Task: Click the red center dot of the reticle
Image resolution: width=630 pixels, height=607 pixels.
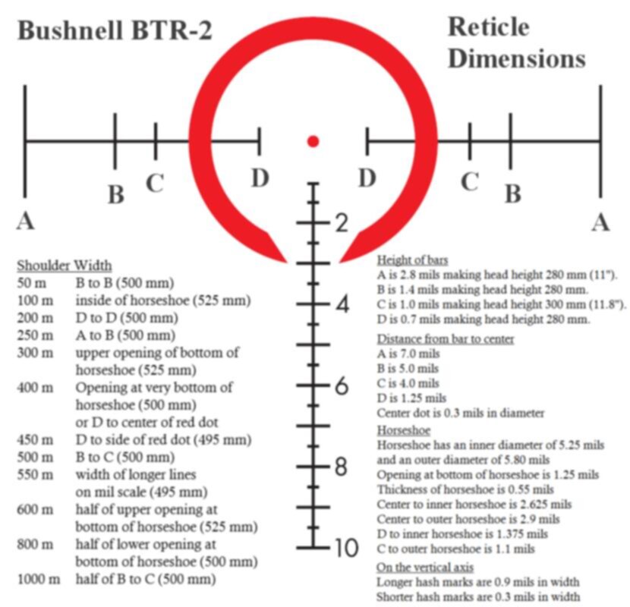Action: click(313, 141)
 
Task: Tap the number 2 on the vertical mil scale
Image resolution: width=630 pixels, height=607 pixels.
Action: click(342, 223)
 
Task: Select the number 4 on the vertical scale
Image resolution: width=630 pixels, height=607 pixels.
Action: click(342, 304)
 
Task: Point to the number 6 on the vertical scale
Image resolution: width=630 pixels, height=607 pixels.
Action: click(342, 385)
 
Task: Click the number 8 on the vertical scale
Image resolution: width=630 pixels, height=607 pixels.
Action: click(341, 467)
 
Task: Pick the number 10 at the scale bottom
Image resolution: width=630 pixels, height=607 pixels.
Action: click(345, 548)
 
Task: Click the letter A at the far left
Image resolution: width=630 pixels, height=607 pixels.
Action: click(25, 221)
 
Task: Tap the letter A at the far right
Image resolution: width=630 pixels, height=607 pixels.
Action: click(600, 222)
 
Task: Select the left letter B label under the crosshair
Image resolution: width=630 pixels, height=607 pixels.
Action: click(117, 194)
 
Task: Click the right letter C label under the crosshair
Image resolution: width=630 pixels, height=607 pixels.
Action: click(469, 181)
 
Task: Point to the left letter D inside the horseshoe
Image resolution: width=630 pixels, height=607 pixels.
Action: click(260, 178)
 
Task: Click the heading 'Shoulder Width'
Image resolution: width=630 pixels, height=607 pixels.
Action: click(65, 266)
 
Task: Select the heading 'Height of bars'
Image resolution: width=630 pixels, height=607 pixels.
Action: click(412, 260)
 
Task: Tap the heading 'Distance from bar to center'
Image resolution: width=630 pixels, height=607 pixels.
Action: click(446, 339)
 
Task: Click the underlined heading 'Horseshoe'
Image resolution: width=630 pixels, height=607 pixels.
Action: click(403, 431)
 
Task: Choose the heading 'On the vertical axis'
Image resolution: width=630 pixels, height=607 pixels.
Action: click(425, 568)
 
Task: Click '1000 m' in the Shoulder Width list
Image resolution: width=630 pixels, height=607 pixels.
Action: click(39, 579)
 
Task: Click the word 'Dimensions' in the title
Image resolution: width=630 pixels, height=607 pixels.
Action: click(517, 58)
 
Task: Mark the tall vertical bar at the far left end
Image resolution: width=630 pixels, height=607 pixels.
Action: click(25, 141)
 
